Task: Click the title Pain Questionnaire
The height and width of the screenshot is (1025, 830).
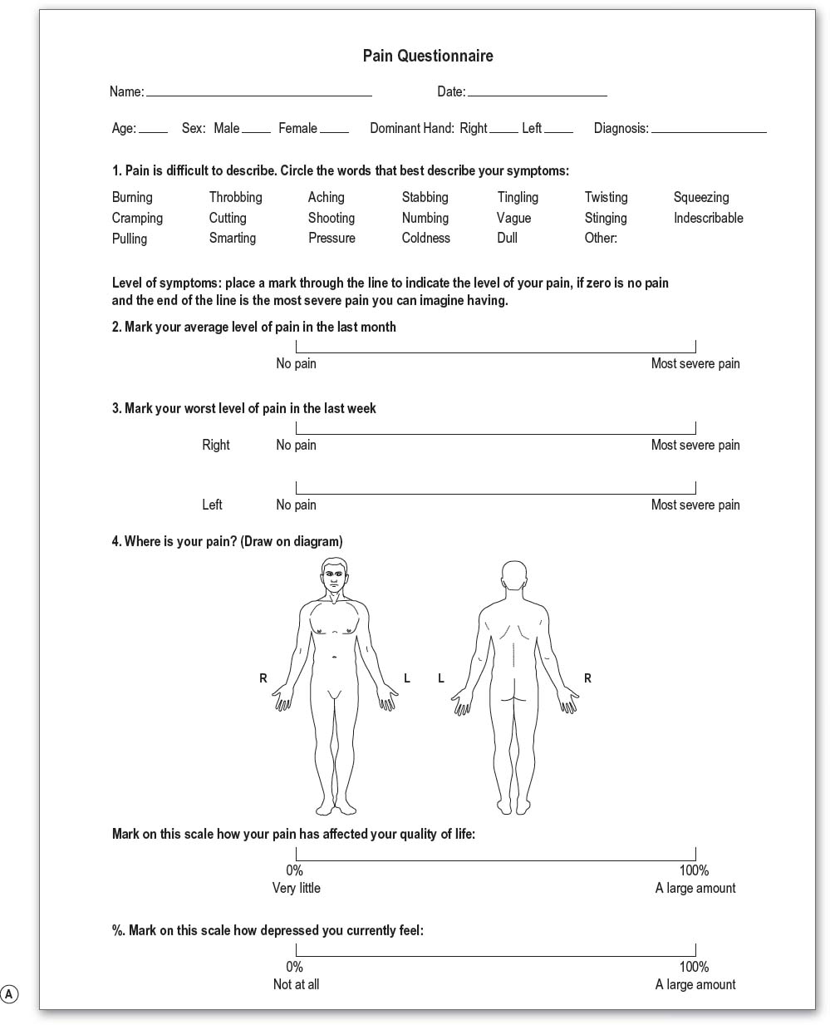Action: [x=428, y=57]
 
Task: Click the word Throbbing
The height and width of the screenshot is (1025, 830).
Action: [x=235, y=198]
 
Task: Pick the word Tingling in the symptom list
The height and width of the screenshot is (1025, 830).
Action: [x=518, y=198]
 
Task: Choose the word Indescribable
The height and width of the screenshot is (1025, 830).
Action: [x=708, y=219]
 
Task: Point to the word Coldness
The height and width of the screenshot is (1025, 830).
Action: [x=425, y=239]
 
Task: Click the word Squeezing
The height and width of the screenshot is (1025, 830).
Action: [x=700, y=198]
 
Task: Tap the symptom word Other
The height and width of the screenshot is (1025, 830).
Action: [x=601, y=239]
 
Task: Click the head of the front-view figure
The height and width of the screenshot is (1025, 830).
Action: [x=333, y=576]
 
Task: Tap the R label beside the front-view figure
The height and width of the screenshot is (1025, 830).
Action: [x=263, y=678]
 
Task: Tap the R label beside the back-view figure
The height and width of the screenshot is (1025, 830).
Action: [x=587, y=678]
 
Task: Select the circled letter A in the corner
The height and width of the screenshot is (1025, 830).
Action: [x=9, y=993]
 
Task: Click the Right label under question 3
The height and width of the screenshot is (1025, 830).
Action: [x=215, y=446]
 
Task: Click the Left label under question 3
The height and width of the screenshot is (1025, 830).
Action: [x=212, y=505]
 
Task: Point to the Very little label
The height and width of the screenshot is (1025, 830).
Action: [x=296, y=889]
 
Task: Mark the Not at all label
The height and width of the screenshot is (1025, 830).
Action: [x=296, y=985]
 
